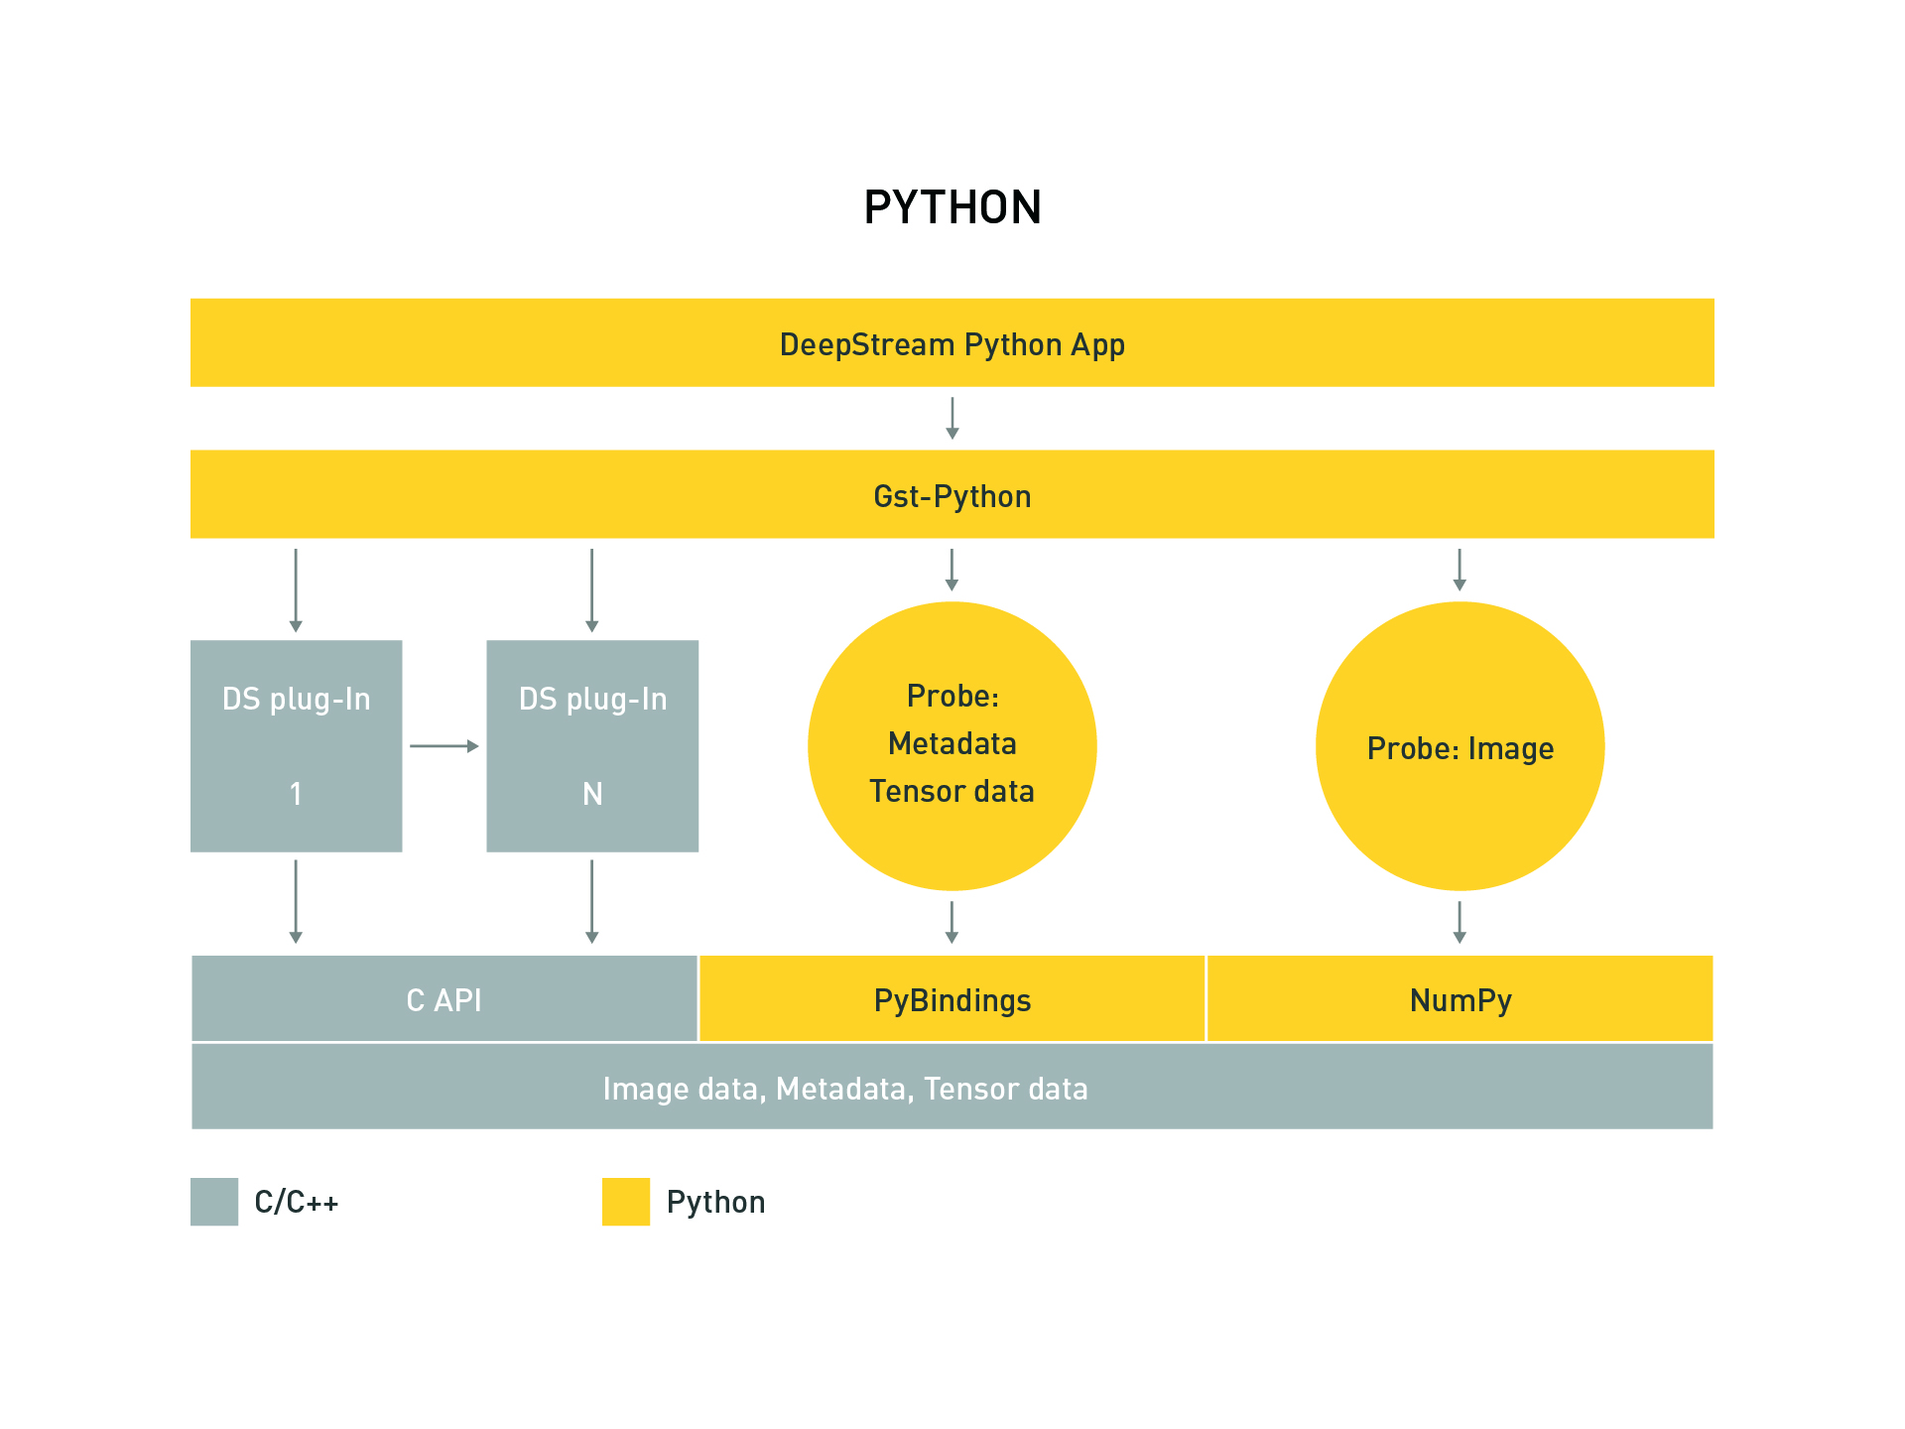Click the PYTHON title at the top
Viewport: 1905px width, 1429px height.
(952, 207)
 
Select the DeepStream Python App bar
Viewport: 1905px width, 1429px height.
(952, 343)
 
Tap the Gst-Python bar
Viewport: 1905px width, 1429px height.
(952, 495)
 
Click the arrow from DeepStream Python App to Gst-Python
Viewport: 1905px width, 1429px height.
(952, 418)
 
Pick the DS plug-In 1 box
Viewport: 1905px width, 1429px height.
(296, 745)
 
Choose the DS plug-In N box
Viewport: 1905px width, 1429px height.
(592, 745)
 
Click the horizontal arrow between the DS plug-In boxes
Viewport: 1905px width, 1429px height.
(444, 745)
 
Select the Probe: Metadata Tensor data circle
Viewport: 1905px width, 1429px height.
(952, 745)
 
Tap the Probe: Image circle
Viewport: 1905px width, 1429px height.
(1460, 745)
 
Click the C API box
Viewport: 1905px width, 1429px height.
(444, 999)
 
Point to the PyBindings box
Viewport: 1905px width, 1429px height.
(952, 999)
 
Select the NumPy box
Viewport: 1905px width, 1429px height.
(1460, 999)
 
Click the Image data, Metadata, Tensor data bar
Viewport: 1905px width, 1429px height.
(952, 1088)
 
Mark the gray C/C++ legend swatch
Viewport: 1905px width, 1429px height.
(214, 1202)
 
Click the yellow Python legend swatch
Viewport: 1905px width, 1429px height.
(626, 1202)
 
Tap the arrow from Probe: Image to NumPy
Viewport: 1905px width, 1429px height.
(1460, 922)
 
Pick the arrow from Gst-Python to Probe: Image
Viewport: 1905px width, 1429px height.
(1460, 570)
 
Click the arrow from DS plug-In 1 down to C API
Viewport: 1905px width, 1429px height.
(296, 901)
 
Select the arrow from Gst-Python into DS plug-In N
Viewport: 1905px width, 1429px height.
(592, 590)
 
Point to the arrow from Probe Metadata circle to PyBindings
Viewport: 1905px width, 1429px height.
(952, 922)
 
